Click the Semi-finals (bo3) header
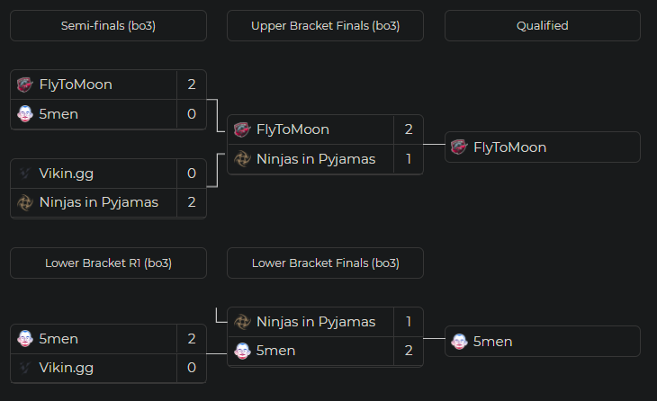pos(108,25)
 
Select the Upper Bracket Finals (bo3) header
pos(325,25)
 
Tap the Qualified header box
pos(542,25)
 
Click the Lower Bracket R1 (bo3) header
pos(108,263)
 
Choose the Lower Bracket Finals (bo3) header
pos(325,263)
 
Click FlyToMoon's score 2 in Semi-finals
pos(192,85)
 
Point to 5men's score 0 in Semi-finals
pos(192,114)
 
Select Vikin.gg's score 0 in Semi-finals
pos(192,174)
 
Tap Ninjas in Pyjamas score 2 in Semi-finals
pos(192,202)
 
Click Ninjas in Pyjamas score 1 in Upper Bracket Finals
pos(409,159)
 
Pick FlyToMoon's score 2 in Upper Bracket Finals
pos(409,129)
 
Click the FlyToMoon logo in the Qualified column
pos(459,147)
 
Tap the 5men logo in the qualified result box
pos(459,342)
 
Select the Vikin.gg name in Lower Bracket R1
pos(67,368)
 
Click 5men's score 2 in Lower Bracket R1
pos(192,339)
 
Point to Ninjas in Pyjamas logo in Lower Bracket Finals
pos(242,322)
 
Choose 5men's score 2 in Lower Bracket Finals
pos(409,351)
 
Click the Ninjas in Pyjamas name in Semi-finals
pos(99,202)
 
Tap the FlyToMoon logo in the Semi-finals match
pos(25,85)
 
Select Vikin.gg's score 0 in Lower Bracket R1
pos(192,368)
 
